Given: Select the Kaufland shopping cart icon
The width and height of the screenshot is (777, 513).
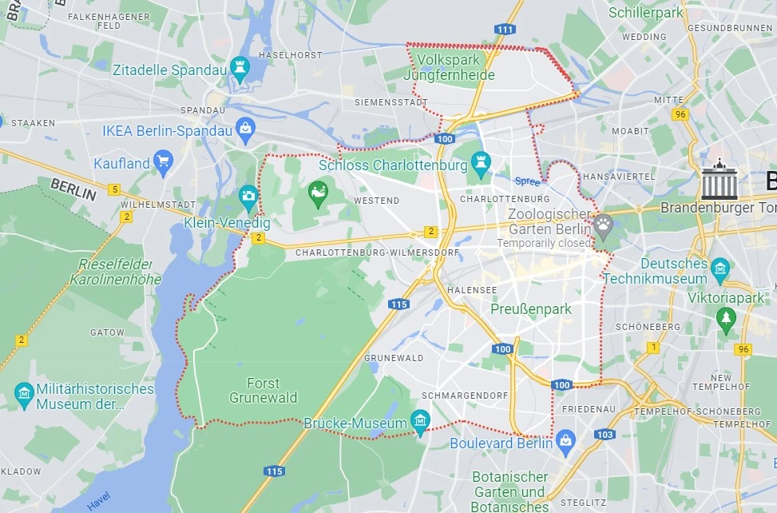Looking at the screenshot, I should [164, 162].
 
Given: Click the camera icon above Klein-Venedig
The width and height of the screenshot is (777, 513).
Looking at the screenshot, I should [248, 196].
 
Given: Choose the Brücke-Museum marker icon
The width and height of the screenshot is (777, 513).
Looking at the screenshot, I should [420, 420].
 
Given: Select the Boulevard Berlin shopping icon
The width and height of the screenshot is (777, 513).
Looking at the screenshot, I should [565, 439].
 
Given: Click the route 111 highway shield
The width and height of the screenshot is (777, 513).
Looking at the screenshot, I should [504, 30].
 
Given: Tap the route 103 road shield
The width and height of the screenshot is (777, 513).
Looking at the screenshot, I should [605, 434].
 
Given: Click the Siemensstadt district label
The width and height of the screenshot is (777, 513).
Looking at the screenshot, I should [387, 103].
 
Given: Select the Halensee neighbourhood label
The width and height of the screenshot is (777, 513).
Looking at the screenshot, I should [472, 290].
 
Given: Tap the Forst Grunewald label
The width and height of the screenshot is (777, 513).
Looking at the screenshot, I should [263, 391].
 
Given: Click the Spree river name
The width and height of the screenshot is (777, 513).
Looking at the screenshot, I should [527, 181].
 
